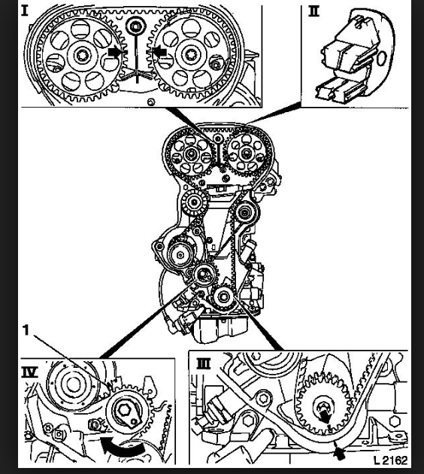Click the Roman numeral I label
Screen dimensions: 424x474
coord(25,11)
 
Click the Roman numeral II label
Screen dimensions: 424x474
coord(313,11)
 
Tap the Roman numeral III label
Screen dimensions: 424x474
coord(204,363)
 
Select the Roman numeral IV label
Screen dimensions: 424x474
coord(29,372)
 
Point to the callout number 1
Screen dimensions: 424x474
coord(26,330)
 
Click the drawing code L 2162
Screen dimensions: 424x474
coord(390,460)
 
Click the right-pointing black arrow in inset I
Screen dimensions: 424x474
coord(116,53)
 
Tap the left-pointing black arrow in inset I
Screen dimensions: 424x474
coord(158,52)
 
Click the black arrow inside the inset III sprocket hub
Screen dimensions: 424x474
coord(325,417)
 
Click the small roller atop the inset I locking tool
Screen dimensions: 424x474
coord(136,26)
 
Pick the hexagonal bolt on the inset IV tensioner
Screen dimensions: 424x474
coord(124,410)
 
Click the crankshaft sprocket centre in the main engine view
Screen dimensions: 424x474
coord(224,296)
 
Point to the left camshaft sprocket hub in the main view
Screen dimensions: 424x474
coord(191,154)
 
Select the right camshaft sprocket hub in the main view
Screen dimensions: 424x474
coord(246,153)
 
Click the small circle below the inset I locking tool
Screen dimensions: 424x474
coord(151,102)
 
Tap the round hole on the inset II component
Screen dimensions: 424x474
coord(381,58)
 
